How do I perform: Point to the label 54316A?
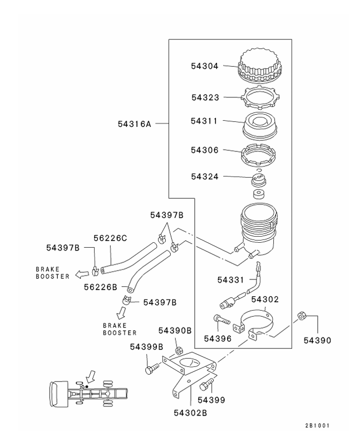(134, 124)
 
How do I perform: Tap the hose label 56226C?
(110, 238)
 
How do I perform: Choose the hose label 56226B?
(101, 287)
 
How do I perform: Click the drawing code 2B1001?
(318, 426)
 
